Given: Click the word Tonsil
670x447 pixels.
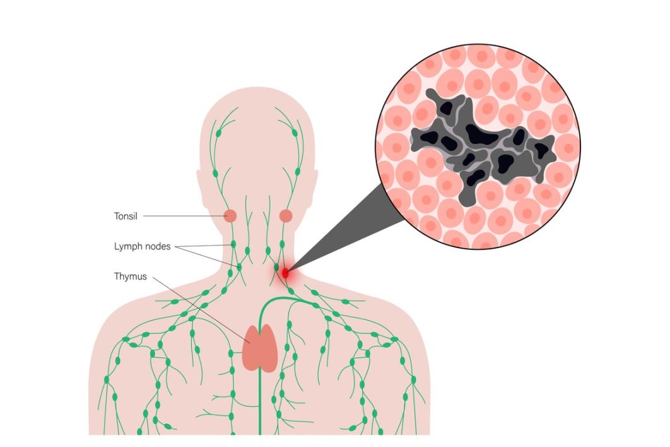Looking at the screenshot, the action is tap(126, 216).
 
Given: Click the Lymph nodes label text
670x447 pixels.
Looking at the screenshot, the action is tap(143, 246).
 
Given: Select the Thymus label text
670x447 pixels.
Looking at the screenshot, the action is tap(131, 277).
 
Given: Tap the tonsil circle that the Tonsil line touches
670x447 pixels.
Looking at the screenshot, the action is tap(231, 216).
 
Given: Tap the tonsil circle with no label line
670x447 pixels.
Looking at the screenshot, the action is tap(286, 216).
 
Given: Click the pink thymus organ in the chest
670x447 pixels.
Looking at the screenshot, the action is tap(260, 349).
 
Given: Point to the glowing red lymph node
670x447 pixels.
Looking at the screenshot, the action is tap(285, 273).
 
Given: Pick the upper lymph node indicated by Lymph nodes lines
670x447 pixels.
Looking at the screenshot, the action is tap(233, 244).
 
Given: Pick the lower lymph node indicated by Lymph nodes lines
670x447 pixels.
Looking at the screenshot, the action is tap(239, 267).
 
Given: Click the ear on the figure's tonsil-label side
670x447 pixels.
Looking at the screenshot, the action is tap(199, 190).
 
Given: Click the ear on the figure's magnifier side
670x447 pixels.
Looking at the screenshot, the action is tap(315, 190).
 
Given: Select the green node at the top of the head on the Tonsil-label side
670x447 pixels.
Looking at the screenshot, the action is tap(218, 133).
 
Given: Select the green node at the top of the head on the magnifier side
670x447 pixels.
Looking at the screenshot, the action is tap(295, 133).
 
